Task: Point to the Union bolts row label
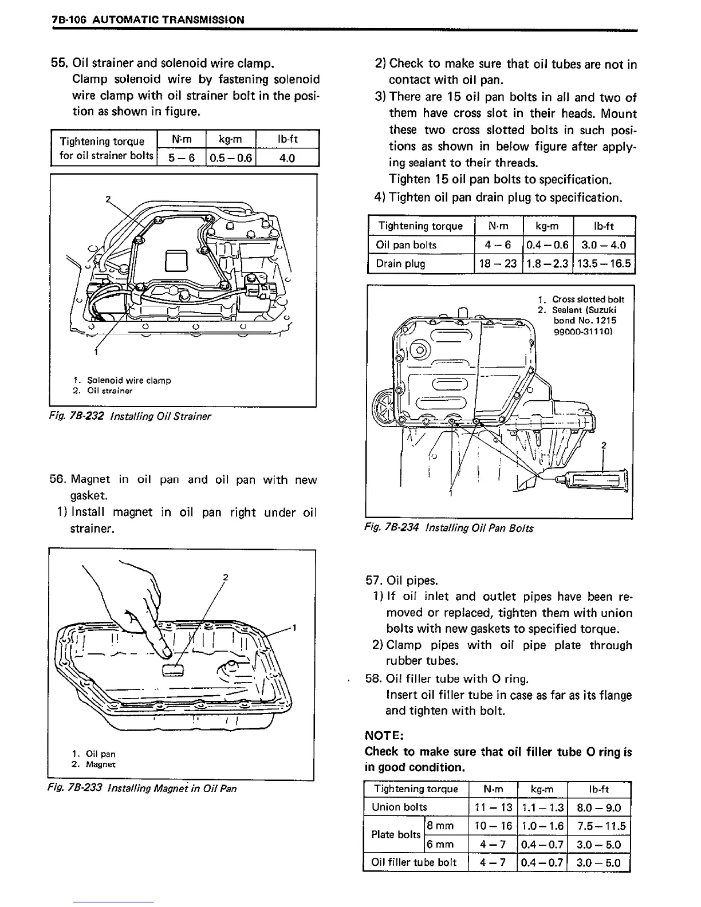tap(399, 807)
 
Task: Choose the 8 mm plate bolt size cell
tap(441, 826)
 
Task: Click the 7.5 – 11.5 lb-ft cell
tap(600, 826)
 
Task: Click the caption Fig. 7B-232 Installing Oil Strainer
tap(131, 416)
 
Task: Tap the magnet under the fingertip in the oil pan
tap(172, 670)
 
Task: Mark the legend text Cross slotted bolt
tap(588, 299)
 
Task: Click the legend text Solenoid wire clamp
tap(129, 380)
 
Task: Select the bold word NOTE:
tap(385, 735)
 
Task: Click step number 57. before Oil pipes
tap(375, 581)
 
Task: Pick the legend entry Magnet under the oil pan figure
tap(100, 764)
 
